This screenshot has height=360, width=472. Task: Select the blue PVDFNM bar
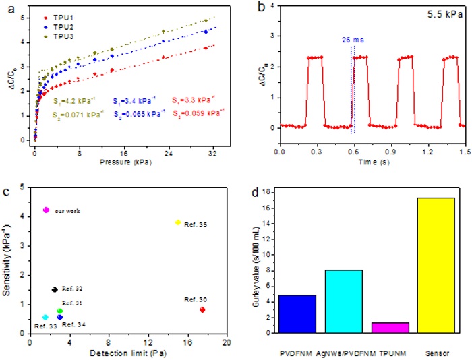(297, 313)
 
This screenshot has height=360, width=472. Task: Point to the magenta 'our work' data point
(46, 210)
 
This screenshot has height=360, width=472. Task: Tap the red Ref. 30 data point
(202, 309)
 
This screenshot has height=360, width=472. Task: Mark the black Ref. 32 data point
(55, 289)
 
